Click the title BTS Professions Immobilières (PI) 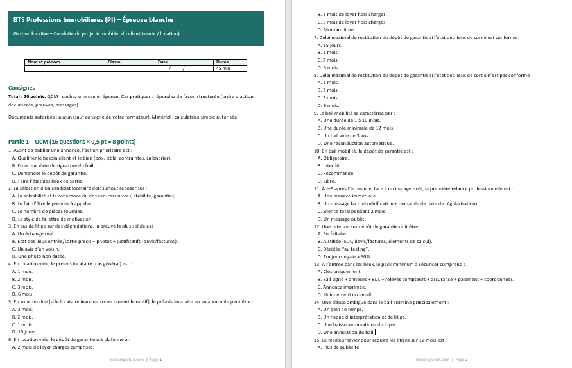click(x=97, y=20)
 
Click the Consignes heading click(x=21, y=88)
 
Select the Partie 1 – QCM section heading click(x=71, y=141)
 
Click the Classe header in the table click(x=114, y=62)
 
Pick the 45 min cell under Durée click(x=223, y=68)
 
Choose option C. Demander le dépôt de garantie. click(x=50, y=174)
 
